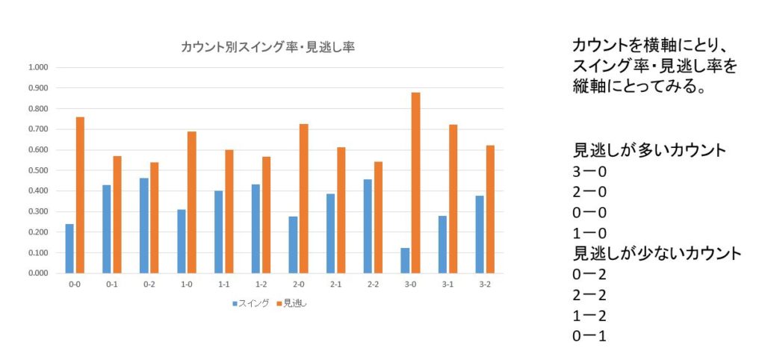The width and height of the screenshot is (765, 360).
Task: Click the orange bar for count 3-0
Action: pos(415,183)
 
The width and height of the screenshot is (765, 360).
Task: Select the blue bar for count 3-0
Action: pos(406,261)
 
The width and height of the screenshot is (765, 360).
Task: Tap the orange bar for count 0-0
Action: pos(79,195)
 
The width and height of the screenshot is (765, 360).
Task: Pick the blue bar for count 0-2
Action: pos(144,226)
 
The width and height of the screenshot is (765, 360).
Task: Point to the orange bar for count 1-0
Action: pos(191,202)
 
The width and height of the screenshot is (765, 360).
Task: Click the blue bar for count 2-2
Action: pos(368,226)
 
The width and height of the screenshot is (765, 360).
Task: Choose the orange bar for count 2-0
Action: pos(303,199)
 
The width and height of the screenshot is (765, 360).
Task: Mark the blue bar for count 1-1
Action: pos(219,232)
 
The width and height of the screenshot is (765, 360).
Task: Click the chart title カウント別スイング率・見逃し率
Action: pos(267,46)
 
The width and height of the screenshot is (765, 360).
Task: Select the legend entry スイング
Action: pos(252,303)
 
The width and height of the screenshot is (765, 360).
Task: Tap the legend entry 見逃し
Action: pos(294,303)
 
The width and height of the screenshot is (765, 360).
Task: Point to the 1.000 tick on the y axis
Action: pos(37,68)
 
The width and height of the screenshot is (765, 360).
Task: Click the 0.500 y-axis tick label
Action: pos(37,170)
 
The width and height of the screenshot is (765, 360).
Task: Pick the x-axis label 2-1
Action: pos(335,285)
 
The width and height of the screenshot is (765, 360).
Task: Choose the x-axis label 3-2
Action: pos(485,285)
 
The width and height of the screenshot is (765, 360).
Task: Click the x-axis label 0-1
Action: pos(111,285)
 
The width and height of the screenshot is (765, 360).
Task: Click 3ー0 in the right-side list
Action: pos(589,171)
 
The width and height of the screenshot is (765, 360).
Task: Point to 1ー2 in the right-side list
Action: pos(589,315)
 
